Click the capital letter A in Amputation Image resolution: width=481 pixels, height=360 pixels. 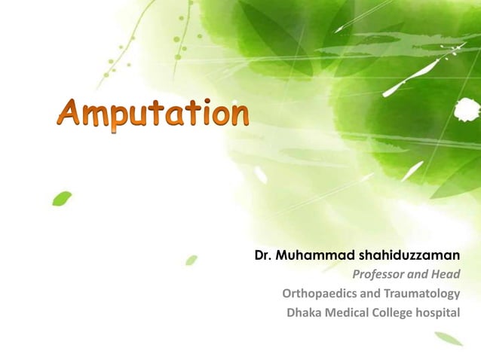(71, 114)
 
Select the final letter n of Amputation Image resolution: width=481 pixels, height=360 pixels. (237, 117)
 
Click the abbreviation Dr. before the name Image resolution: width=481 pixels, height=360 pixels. (263, 256)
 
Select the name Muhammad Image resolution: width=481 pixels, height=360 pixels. (310, 256)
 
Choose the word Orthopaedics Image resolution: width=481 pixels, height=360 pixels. (319, 294)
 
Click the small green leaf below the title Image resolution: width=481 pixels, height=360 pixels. (61, 198)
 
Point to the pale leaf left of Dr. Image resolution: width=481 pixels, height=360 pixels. (191, 260)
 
